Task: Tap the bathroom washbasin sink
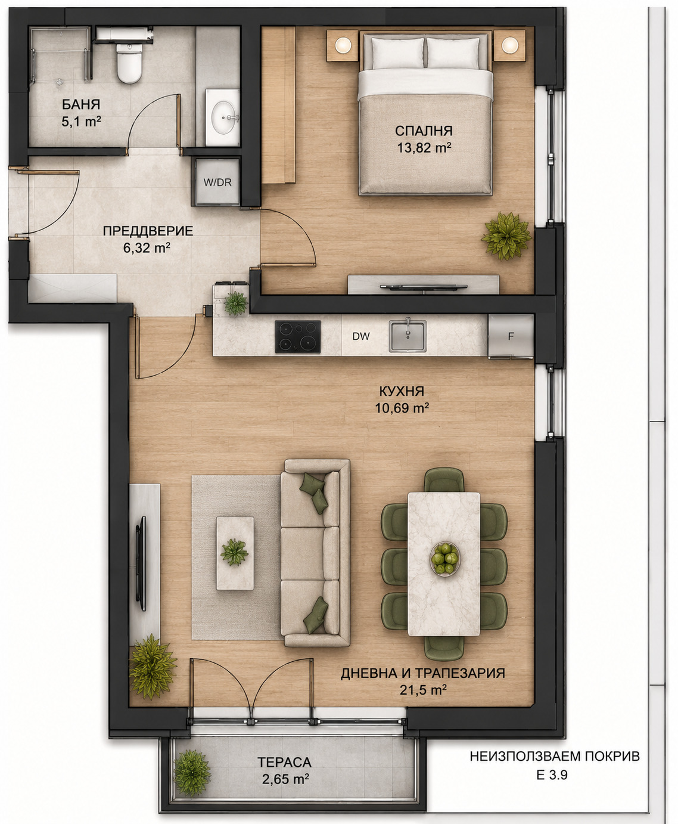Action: pos(224,117)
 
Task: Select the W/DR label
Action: pos(217,182)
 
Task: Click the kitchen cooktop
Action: pos(298,336)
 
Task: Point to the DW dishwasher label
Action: pos(361,336)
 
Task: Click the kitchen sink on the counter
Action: pos(408,336)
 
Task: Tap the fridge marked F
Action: pos(511,337)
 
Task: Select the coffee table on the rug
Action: pos(235,553)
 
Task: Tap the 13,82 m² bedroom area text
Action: pos(424,148)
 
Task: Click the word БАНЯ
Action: pos(81,104)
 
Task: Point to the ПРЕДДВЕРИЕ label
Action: pos(148,231)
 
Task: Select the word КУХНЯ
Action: pos(402,391)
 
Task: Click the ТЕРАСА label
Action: pos(284,762)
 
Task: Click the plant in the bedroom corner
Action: pos(506,236)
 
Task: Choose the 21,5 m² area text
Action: pos(423,690)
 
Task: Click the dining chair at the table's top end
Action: pos(444,480)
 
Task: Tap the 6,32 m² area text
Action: pos(147,248)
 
